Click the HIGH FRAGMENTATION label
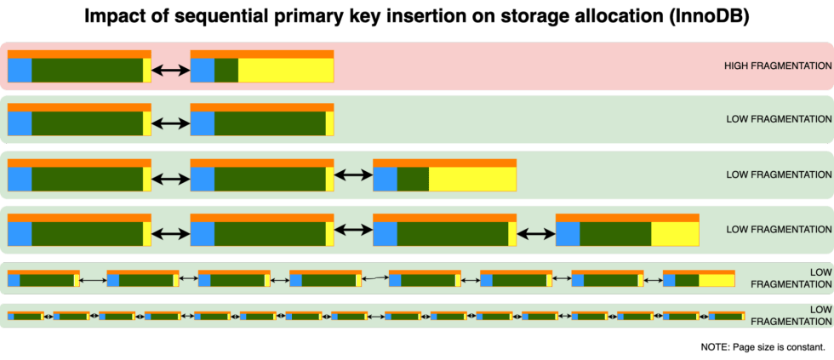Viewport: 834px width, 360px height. tap(777, 66)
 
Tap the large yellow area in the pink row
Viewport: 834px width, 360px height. tap(285, 70)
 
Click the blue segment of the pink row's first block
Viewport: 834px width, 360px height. tap(20, 70)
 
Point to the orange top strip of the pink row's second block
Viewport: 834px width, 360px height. tap(261, 54)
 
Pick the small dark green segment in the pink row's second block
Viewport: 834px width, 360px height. tap(226, 70)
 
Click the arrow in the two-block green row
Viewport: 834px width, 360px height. tap(170, 123)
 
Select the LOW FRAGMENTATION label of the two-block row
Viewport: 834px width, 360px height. tap(778, 119)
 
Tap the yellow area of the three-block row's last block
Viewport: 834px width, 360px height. tap(472, 179)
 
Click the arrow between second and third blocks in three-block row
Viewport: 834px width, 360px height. tap(353, 174)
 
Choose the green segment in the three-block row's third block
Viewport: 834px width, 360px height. tap(413, 179)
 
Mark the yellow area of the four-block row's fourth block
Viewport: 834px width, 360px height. tap(675, 233)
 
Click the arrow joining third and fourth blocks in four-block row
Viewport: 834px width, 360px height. tap(536, 232)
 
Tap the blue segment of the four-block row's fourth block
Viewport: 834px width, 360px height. tap(568, 233)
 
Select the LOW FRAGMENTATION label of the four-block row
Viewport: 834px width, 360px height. tap(778, 230)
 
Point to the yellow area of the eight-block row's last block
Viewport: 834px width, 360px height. tap(717, 280)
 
